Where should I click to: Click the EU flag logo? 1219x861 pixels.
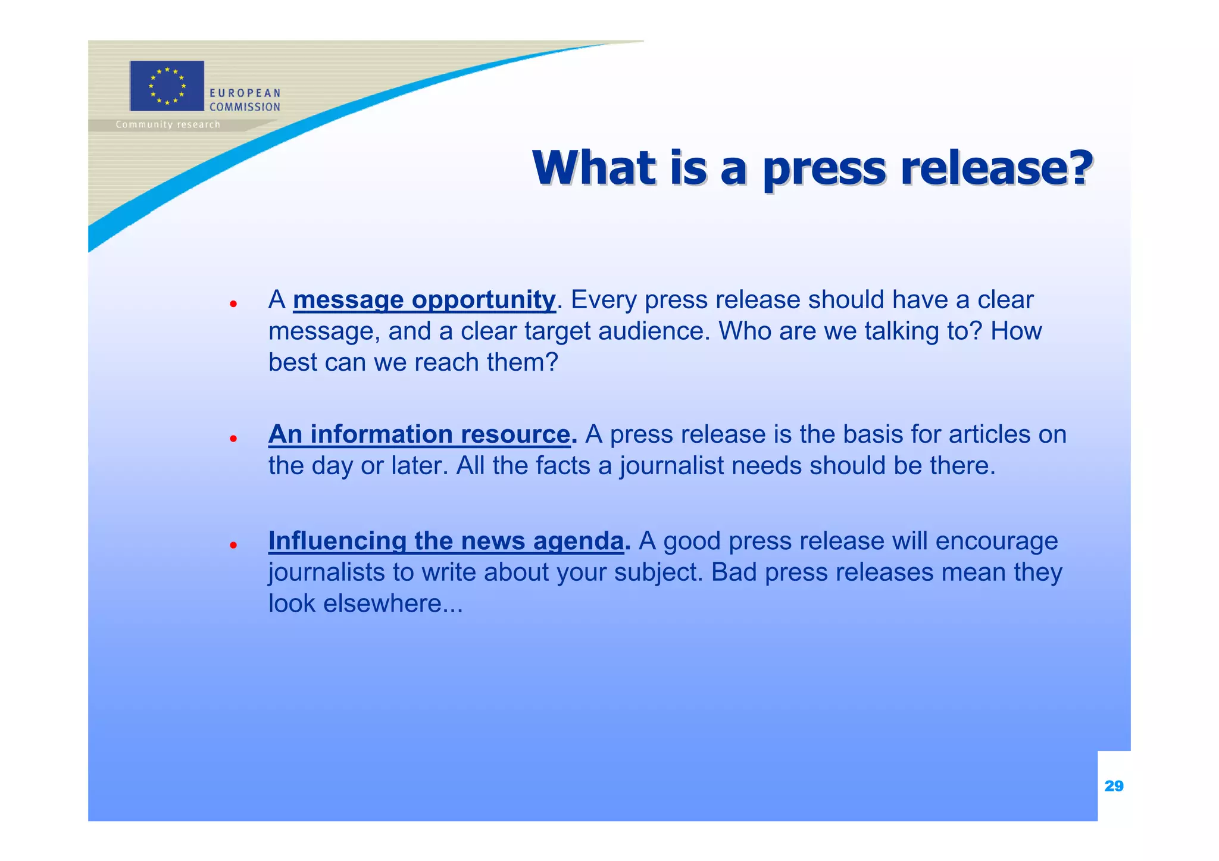point(167,86)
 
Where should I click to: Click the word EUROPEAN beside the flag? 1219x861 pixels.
point(245,93)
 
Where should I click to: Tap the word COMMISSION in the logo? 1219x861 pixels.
point(245,107)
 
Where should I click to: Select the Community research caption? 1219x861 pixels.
point(168,124)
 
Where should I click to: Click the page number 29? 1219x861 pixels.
point(1114,786)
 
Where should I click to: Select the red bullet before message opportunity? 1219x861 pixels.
point(234,303)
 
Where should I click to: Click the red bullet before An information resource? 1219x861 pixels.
point(234,439)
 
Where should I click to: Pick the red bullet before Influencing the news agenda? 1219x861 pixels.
point(234,544)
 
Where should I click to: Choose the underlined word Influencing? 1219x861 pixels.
point(337,541)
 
